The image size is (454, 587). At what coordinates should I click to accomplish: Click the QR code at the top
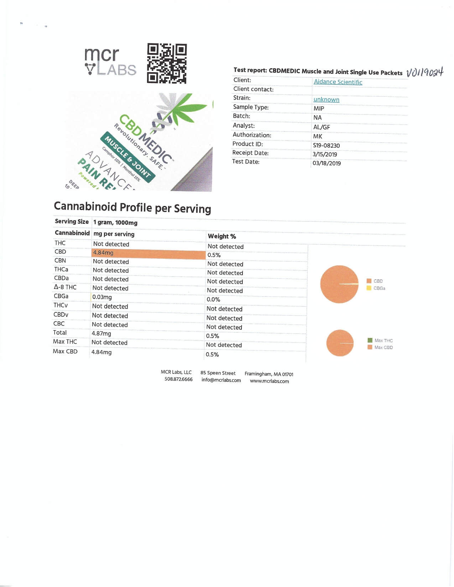point(167,63)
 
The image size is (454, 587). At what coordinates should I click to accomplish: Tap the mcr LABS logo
point(110,62)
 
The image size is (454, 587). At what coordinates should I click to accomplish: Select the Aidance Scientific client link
point(338,82)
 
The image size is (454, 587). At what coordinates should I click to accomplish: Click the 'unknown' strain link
point(326,100)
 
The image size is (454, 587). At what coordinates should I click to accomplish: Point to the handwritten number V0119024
point(424,72)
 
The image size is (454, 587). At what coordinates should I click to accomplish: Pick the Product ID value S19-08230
point(326,146)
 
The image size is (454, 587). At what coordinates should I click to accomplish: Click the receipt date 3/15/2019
point(325,154)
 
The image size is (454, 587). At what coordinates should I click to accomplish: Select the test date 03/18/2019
point(327,163)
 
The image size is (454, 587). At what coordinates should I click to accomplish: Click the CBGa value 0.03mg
point(102,297)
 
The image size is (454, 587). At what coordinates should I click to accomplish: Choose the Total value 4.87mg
point(101,334)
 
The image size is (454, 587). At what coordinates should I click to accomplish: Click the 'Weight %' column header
point(222,236)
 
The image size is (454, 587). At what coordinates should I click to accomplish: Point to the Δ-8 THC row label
point(65,287)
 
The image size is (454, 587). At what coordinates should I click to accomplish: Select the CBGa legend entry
point(379,288)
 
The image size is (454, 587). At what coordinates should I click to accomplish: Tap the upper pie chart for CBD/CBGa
point(339,284)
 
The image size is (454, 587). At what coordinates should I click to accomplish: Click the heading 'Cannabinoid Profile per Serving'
point(132,207)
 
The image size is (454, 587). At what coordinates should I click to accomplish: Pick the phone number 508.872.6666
point(178,379)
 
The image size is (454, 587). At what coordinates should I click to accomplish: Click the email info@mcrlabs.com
point(221,380)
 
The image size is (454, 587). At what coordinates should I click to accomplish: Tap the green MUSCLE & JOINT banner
point(127,157)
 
